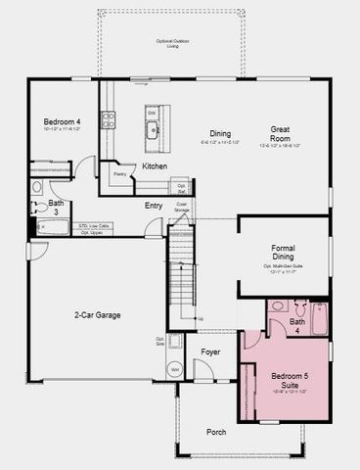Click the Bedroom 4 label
click(61, 120)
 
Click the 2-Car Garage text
click(97, 315)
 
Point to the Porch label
click(216, 432)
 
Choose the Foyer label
click(211, 350)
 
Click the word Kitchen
click(155, 166)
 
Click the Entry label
click(154, 206)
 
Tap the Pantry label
click(120, 173)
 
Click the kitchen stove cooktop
click(109, 119)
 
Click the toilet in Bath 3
click(37, 186)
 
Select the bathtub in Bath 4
click(319, 319)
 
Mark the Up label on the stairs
click(201, 318)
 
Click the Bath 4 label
click(297, 326)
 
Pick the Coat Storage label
click(182, 208)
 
